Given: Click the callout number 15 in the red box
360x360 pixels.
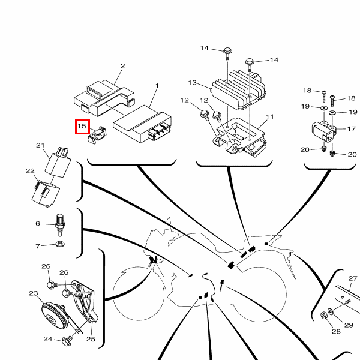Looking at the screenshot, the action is [x=82, y=126].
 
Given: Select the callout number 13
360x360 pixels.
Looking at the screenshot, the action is [x=193, y=83].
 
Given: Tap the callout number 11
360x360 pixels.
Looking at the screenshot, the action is [x=270, y=117].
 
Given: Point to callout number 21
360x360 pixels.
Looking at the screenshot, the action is [x=40, y=145].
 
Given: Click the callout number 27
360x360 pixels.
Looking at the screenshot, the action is [x=353, y=278].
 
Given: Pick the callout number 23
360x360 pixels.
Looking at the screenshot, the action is [x=34, y=293].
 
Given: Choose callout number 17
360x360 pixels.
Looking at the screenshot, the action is [x=352, y=129].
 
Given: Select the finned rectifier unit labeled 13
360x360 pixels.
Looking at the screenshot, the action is [x=238, y=89].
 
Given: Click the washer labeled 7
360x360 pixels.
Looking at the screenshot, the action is [x=60, y=244].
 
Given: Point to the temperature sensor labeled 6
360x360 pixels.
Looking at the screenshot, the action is [x=60, y=225].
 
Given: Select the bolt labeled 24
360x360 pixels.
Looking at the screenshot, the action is [x=67, y=341].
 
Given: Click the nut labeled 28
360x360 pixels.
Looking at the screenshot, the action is [x=324, y=316].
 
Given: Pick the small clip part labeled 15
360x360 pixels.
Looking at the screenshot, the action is [x=97, y=136].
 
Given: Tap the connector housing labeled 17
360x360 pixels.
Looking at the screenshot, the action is [x=324, y=132].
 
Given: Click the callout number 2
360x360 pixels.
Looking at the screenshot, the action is [x=123, y=66].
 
